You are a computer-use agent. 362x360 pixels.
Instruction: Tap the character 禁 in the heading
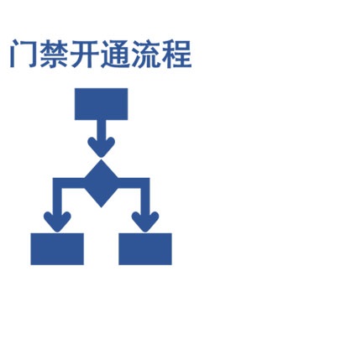(x=54, y=54)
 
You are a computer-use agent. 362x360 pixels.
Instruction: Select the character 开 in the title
(x=84, y=54)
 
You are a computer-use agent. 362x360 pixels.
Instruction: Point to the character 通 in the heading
(x=115, y=54)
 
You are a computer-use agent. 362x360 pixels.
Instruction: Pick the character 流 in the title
(x=145, y=54)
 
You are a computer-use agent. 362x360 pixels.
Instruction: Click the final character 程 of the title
(x=176, y=54)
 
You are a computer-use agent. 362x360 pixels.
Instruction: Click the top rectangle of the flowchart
(x=101, y=104)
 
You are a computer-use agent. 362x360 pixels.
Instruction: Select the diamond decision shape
(x=101, y=183)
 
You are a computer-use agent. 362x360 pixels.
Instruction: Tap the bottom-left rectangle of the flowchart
(x=57, y=249)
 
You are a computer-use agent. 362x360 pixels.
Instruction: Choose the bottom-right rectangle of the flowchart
(x=145, y=249)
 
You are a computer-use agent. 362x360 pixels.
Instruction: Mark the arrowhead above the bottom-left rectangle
(x=57, y=222)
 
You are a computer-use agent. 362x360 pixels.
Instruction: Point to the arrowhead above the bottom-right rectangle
(x=145, y=222)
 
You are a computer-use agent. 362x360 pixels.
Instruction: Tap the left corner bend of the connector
(x=57, y=183)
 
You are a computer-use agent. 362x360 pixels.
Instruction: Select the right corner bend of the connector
(x=145, y=183)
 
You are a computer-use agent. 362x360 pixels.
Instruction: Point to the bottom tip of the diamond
(x=101, y=207)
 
